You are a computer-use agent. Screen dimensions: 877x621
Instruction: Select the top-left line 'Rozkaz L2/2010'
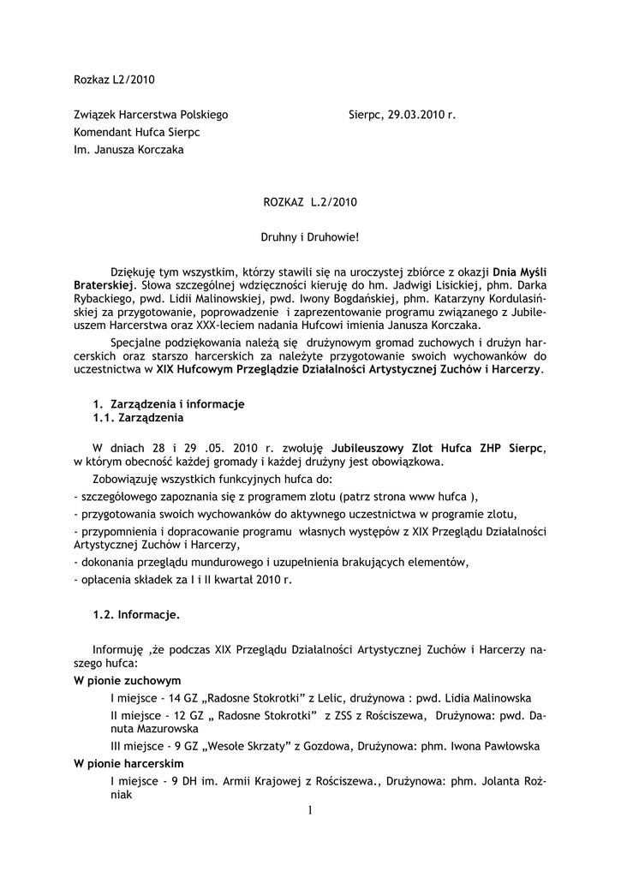point(114,81)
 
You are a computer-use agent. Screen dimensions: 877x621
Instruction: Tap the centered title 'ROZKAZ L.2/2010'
point(309,202)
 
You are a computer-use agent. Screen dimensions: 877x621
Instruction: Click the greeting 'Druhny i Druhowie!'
point(309,236)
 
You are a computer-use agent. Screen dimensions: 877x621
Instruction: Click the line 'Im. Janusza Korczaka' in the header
point(129,150)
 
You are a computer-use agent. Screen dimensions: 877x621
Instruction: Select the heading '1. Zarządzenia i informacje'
point(169,403)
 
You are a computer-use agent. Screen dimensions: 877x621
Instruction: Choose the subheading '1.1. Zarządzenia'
point(138,418)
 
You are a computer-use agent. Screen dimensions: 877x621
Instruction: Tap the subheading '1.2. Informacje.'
point(136,614)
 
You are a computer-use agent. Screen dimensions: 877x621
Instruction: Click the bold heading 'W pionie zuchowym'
point(128,681)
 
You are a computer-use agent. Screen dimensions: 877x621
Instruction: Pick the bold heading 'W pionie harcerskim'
point(129,763)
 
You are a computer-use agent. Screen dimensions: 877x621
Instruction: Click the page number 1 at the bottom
point(309,810)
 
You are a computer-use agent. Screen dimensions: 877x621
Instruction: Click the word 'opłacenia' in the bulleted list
point(104,580)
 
